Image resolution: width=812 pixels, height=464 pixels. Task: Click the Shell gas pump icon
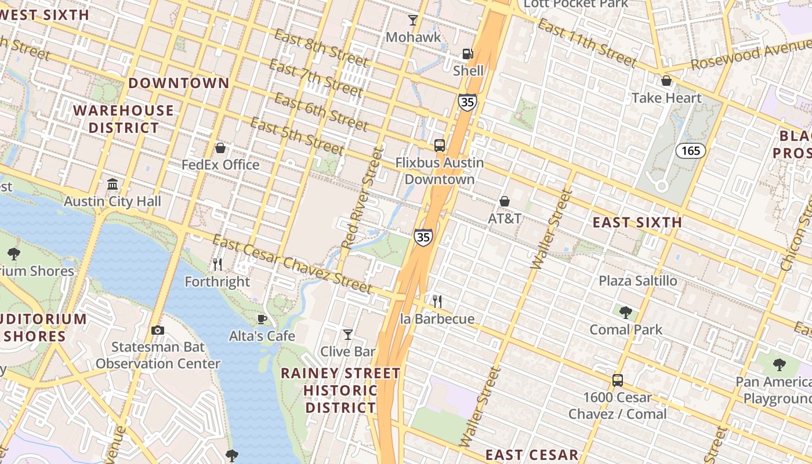[x=467, y=55]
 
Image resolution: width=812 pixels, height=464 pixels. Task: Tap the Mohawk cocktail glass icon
[x=413, y=21]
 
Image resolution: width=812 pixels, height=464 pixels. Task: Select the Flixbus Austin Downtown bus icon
[x=440, y=146]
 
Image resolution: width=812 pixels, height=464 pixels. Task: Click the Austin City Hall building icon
[x=113, y=184]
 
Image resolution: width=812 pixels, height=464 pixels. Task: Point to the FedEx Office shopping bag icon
[x=220, y=148]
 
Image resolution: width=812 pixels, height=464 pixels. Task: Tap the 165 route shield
[x=690, y=151]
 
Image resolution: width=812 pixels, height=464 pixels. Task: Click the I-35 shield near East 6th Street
[x=467, y=103]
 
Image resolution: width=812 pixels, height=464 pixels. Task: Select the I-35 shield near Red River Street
[x=423, y=237]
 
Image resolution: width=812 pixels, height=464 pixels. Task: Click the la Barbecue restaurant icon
[x=437, y=302]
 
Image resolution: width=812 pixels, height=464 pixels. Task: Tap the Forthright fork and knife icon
[x=217, y=265]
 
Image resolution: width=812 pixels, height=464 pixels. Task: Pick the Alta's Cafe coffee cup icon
[x=262, y=319]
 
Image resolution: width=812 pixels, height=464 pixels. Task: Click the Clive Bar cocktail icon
[x=347, y=335]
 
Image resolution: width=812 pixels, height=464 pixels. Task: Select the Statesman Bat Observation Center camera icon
[x=157, y=331]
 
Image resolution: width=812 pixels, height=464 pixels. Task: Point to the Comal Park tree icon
[x=625, y=313]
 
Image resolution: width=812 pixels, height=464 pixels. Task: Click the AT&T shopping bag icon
[x=505, y=201]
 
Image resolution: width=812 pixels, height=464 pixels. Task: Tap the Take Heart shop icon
[x=666, y=81]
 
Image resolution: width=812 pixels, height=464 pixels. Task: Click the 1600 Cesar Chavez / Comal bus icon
[x=618, y=380]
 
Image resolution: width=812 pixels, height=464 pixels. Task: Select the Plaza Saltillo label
[x=637, y=281]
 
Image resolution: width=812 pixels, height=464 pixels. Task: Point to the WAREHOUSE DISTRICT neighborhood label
[x=123, y=119]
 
